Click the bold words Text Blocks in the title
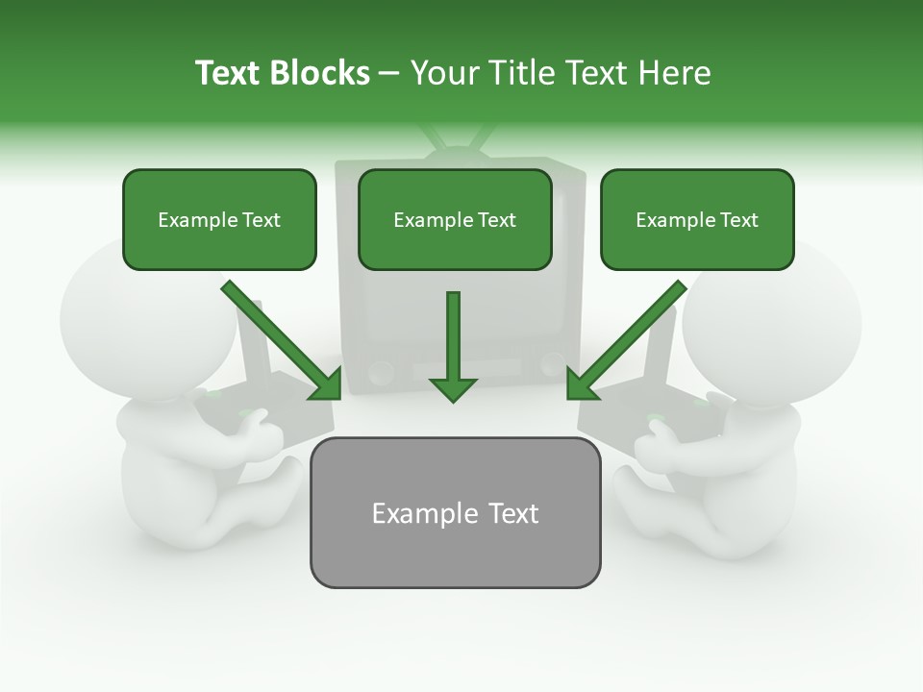coord(282,73)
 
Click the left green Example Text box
coord(219,219)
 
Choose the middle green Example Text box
coord(455,219)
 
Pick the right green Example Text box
coord(697,219)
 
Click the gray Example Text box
coord(455,512)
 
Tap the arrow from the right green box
coord(627,340)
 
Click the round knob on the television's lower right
coord(551,363)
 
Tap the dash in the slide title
coord(389,73)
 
